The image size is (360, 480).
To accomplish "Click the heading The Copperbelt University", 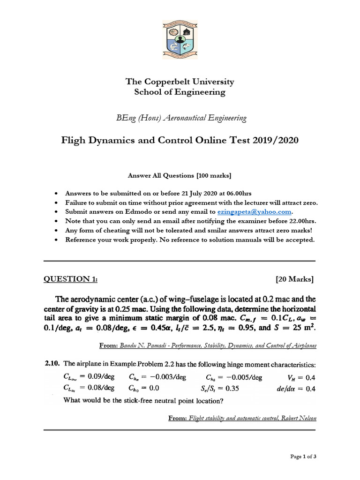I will click(x=180, y=82).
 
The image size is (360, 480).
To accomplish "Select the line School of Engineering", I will click(x=180, y=92).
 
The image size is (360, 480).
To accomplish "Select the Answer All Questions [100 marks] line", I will click(x=180, y=175).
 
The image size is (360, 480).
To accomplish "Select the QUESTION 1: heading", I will click(x=71, y=279).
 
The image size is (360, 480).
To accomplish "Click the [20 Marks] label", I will click(x=295, y=279).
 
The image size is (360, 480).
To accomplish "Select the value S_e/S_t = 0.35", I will click(x=224, y=388).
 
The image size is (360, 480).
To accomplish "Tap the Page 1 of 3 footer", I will click(x=303, y=457).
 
